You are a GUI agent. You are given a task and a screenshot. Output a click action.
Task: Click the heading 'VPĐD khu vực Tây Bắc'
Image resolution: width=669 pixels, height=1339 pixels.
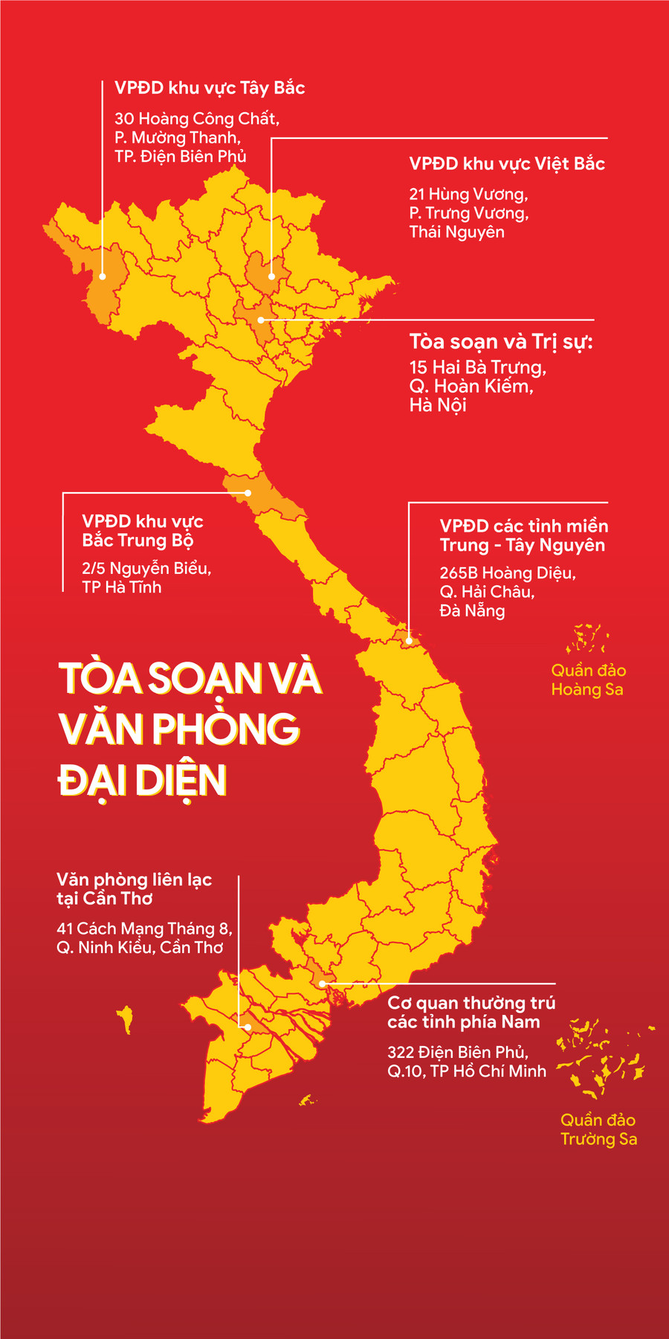210,88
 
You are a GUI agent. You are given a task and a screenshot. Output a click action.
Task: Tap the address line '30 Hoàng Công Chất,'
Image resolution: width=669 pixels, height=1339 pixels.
196,119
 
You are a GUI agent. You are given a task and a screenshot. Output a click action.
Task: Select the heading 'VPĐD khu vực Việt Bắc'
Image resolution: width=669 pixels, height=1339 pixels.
507,164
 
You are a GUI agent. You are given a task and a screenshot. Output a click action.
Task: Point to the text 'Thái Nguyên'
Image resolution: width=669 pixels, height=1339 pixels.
456,233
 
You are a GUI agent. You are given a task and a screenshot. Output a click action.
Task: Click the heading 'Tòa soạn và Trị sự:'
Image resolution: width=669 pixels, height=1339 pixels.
501,342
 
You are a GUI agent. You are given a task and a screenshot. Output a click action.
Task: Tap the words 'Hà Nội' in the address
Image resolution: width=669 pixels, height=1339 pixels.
438,405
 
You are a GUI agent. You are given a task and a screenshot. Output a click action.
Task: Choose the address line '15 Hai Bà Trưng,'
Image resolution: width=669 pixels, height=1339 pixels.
477,367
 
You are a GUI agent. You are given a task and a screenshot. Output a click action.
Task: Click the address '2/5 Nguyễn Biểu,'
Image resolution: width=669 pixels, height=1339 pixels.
146,569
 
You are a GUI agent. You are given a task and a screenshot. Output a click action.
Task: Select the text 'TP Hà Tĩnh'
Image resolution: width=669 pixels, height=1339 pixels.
121,587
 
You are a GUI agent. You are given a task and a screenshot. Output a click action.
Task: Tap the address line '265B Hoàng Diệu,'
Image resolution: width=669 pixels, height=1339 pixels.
508,573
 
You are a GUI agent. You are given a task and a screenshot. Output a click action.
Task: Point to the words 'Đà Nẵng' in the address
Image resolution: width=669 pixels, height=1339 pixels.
472,611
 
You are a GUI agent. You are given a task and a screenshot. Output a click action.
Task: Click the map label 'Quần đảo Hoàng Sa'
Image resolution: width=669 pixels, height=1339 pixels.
587,680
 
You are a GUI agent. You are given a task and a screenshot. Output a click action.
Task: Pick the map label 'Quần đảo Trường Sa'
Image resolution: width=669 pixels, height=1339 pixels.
598,1129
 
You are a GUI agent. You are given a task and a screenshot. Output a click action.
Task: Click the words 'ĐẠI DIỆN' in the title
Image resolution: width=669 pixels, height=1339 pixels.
142,781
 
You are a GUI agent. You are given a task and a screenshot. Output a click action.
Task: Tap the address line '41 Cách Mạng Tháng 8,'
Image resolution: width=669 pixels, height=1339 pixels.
144,929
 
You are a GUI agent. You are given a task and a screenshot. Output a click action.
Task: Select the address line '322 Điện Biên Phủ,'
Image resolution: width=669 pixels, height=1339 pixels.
458,1052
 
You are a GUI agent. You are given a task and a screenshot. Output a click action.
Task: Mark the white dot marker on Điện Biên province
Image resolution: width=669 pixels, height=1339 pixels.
103,277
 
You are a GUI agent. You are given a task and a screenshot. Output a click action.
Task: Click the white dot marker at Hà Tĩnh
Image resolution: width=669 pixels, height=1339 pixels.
249,493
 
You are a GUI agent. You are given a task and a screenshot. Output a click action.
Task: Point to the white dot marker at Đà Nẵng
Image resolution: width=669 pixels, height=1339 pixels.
409,640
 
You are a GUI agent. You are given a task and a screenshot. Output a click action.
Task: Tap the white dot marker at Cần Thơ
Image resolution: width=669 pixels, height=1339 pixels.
248,1027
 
